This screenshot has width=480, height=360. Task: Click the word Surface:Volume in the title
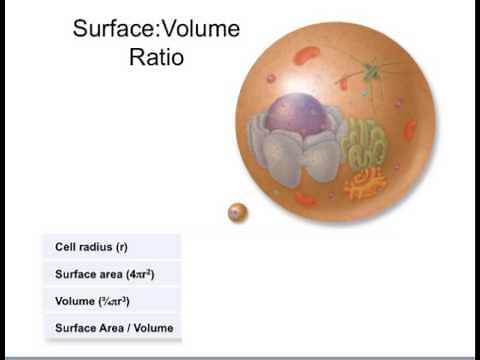(156, 29)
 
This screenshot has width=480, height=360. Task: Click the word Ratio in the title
(156, 57)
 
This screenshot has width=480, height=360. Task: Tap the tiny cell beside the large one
(237, 212)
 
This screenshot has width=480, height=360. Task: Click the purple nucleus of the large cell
(297, 116)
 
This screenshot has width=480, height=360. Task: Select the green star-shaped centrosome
(372, 73)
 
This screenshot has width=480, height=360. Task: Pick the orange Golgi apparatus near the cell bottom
(365, 182)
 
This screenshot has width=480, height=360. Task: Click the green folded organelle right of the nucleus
(364, 145)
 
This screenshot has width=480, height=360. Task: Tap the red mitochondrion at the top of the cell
(306, 55)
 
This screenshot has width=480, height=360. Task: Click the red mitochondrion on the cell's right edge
(410, 130)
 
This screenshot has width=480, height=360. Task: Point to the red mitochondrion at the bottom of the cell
(305, 199)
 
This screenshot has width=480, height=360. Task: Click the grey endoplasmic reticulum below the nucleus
(295, 160)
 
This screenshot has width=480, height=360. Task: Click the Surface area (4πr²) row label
(103, 273)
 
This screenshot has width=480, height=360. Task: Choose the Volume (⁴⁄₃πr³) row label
(92, 300)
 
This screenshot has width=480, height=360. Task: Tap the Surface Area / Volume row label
(113, 327)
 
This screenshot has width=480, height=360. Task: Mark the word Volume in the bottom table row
(155, 327)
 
